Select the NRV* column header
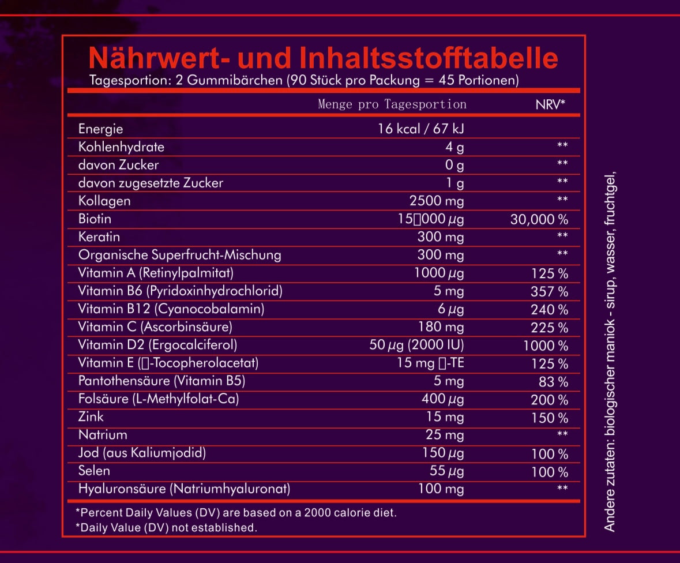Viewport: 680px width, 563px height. tap(550, 104)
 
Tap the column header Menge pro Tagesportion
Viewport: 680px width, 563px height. tap(392, 104)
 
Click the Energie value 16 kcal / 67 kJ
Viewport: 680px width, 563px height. tap(421, 129)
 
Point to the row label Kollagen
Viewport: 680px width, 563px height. tap(104, 201)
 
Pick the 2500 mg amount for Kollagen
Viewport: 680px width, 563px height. tap(437, 201)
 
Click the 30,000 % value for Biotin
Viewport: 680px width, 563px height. tap(539, 219)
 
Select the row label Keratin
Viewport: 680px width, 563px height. tap(99, 237)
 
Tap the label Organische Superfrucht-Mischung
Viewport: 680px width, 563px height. tap(180, 254)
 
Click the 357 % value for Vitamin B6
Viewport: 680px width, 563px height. tap(549, 291)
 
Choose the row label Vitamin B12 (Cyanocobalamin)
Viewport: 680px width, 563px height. tap(171, 309)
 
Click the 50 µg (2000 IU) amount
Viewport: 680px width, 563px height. tap(416, 345)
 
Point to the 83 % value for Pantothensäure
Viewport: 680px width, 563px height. tap(554, 381)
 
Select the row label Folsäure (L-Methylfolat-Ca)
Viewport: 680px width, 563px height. tap(159, 399)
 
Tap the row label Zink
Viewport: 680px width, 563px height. tap(91, 416)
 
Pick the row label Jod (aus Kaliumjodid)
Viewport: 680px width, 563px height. tap(142, 453)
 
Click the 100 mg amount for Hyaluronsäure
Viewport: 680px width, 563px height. tap(441, 489)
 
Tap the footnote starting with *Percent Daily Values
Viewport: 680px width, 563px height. tap(236, 512)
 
